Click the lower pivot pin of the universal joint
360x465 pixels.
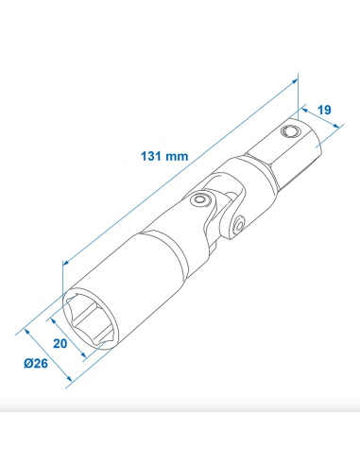click(241, 223)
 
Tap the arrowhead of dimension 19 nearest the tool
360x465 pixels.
click(304, 107)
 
